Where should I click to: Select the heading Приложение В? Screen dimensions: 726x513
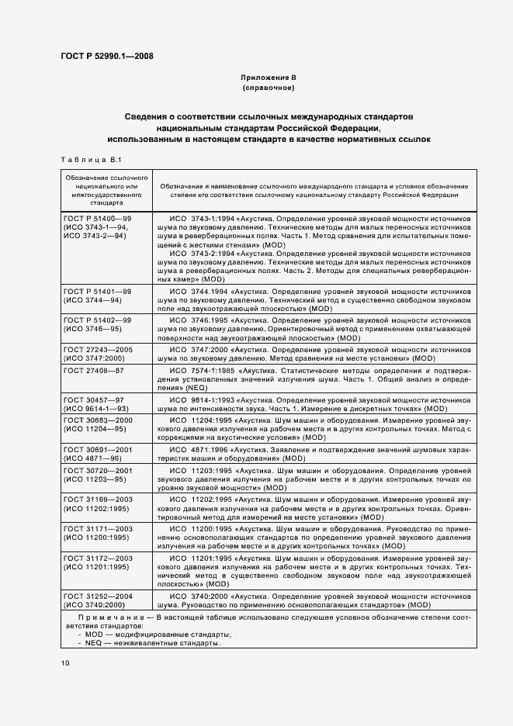click(x=269, y=78)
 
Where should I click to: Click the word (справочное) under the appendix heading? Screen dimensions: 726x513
click(x=269, y=88)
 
